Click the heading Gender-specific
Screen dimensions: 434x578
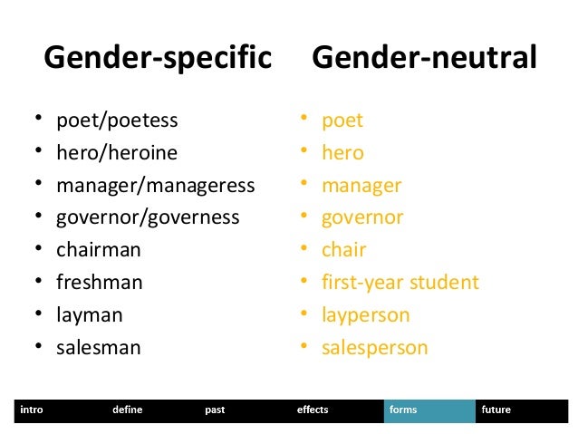158,59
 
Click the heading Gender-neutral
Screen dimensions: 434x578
424,59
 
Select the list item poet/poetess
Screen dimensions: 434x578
117,121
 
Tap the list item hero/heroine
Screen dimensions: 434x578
117,152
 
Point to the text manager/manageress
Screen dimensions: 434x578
155,186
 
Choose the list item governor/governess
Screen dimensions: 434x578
148,217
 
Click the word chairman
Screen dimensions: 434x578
99,250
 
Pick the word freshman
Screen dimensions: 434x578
100,283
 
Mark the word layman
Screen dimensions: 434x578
90,315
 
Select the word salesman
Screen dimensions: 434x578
99,347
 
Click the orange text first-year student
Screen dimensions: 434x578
400,283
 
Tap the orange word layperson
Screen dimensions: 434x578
366,315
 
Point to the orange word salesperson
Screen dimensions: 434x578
375,347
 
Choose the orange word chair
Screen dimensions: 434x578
343,250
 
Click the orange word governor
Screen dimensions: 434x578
362,217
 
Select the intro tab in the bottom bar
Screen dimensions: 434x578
31,410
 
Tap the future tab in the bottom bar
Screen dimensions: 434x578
496,410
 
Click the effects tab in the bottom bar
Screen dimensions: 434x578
313,410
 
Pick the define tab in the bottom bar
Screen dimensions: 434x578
127,410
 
